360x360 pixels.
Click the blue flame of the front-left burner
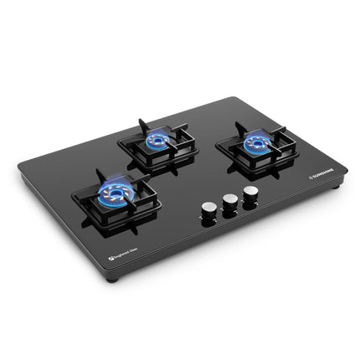coord(112,193)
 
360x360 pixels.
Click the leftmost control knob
coord(207,208)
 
